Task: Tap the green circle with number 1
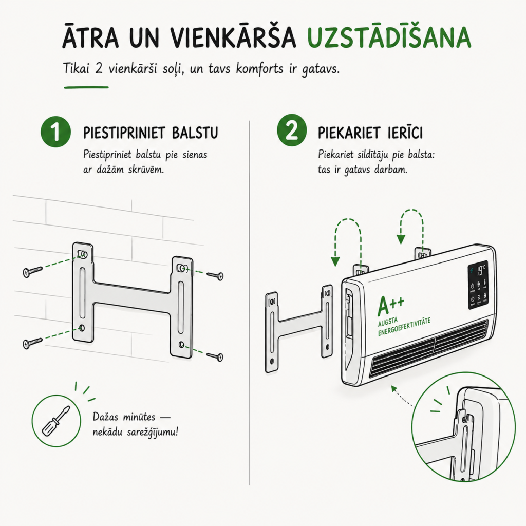pyautogui.click(x=55, y=132)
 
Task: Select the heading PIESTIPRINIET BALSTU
pyautogui.click(x=151, y=133)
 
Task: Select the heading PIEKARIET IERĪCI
pyautogui.click(x=370, y=133)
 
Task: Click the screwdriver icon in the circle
pyautogui.click(x=55, y=421)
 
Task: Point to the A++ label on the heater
pyautogui.click(x=390, y=306)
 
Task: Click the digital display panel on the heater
pyautogui.click(x=478, y=285)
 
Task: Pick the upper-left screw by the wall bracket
pyautogui.click(x=32, y=271)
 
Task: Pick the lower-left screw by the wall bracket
pyautogui.click(x=32, y=343)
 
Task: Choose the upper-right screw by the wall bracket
pyautogui.click(x=215, y=276)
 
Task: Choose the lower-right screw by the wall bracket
pyautogui.click(x=215, y=356)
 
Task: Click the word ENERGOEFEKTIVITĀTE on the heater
pyautogui.click(x=404, y=327)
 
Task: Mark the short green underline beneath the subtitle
pyautogui.click(x=86, y=87)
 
